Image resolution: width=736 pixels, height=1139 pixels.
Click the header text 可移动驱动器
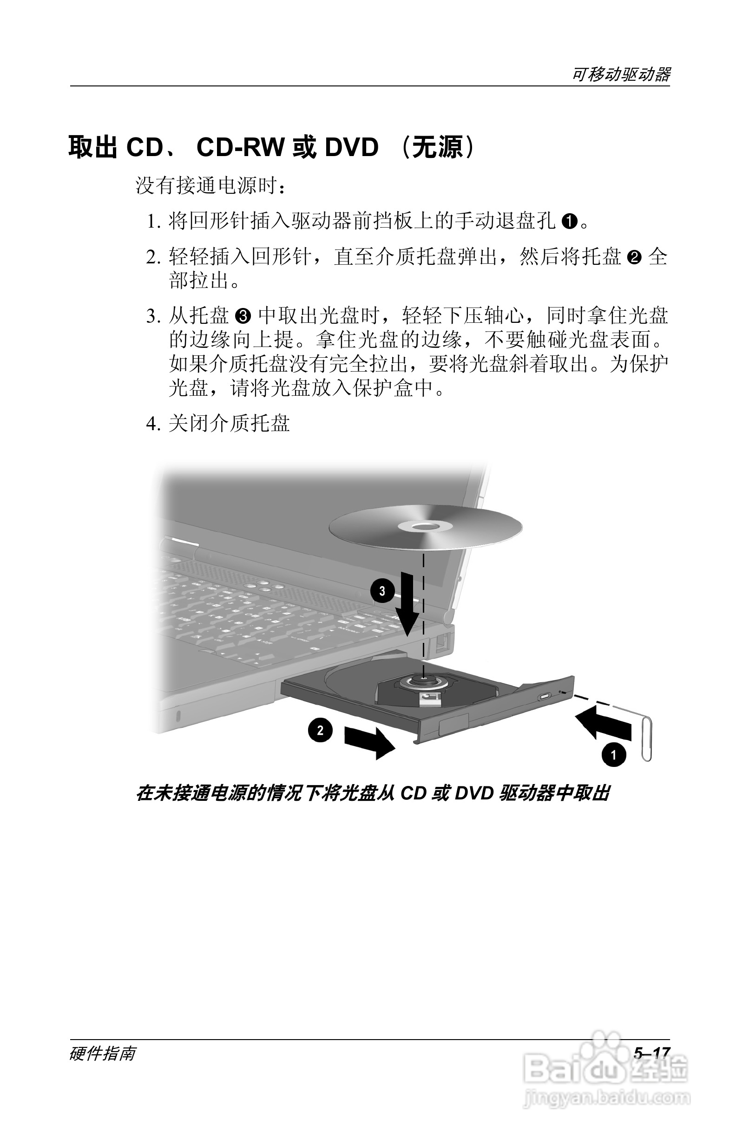point(621,74)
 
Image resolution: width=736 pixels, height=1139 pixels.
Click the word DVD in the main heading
point(352,147)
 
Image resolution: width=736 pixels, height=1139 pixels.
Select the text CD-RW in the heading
point(240,147)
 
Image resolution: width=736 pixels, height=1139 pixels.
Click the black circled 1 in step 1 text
point(569,222)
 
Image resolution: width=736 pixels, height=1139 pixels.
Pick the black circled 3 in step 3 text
point(243,316)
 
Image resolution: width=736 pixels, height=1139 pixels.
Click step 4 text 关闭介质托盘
point(230,423)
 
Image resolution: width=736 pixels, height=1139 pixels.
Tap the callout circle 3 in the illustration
point(382,591)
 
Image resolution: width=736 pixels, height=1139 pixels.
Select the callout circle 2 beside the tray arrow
point(320,730)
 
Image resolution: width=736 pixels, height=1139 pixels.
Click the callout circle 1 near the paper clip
point(614,755)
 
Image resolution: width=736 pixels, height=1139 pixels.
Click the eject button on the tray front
point(544,696)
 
